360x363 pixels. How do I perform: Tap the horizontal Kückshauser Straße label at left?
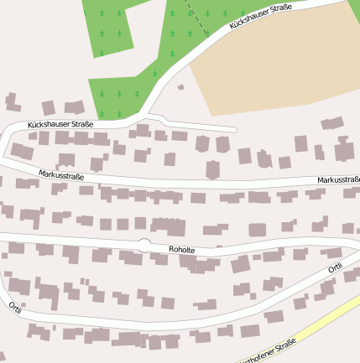60,124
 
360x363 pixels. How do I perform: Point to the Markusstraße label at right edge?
338,180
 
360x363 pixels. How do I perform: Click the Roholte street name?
182,249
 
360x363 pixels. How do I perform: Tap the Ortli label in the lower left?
15,307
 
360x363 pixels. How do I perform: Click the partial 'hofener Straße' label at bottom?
269,355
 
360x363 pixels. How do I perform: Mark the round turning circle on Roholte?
144,243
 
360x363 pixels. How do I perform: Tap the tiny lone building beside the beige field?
180,86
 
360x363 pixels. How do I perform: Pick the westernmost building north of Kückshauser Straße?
12,103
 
